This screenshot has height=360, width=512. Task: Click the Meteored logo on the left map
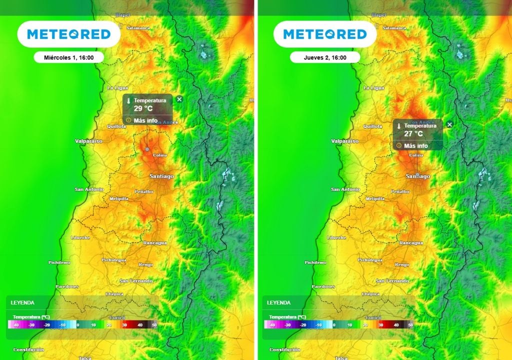coord(68,34)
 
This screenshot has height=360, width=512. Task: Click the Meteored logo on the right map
coord(325,34)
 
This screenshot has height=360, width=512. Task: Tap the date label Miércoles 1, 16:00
coord(68,57)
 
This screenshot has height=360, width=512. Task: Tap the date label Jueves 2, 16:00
coord(325,57)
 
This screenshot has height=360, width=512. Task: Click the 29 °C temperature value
coord(143,108)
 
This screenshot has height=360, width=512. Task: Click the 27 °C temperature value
coord(413,133)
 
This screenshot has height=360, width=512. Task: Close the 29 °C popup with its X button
coord(179,99)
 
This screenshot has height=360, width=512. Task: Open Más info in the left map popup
coord(145,120)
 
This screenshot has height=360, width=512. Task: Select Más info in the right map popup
coord(416,145)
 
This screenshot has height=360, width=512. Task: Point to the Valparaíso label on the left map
coord(88,141)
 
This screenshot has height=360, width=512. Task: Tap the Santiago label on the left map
coord(161,176)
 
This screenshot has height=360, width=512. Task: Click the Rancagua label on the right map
coord(411,243)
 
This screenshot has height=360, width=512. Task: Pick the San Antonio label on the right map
coord(345,189)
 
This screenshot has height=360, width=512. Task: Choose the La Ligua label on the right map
coord(374,88)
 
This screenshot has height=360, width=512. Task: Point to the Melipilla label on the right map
coord(375,198)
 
